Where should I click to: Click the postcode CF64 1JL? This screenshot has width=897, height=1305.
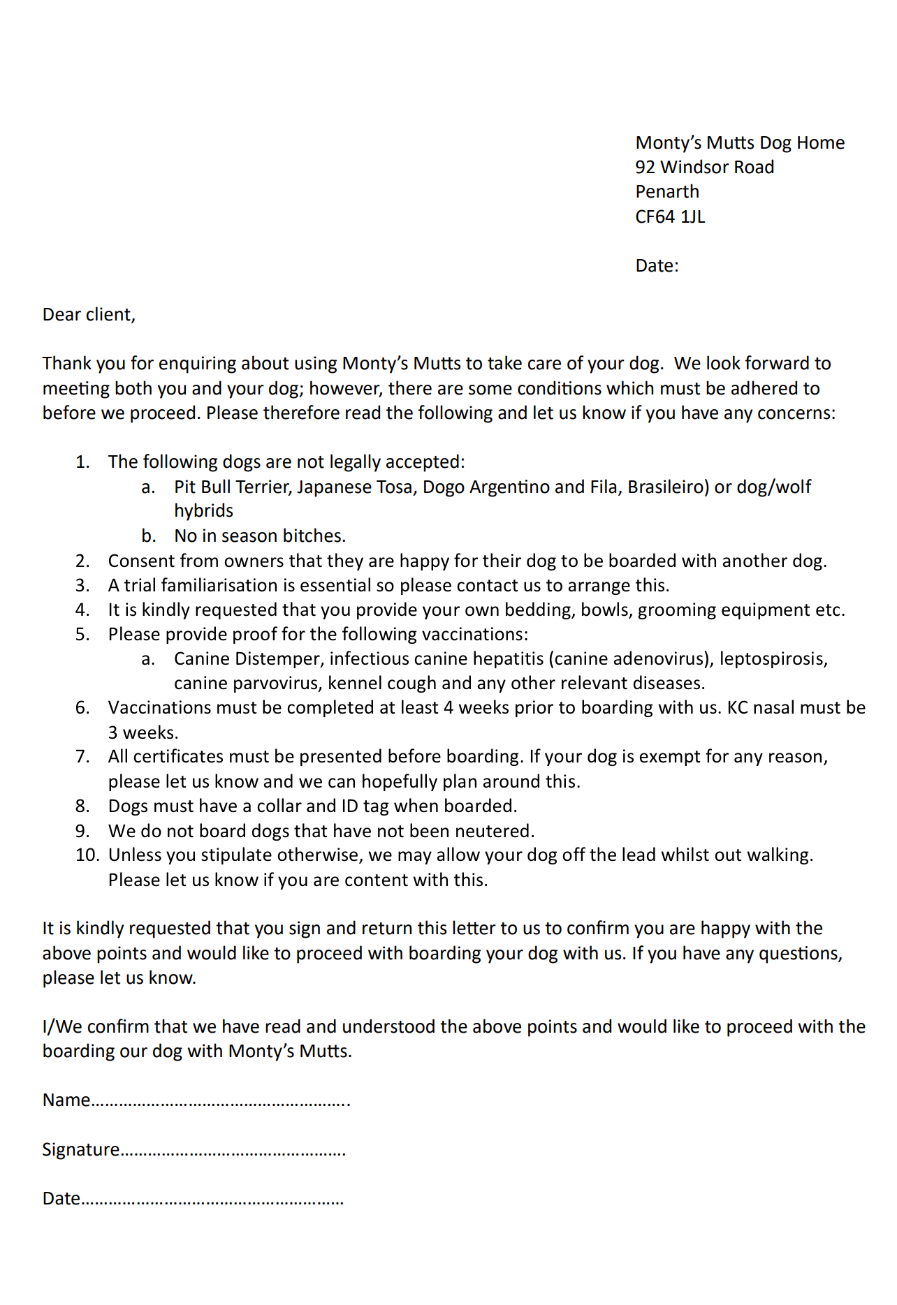[670, 216]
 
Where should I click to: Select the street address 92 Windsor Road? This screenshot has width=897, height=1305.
[704, 168]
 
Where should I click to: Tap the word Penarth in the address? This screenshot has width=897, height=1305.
[666, 192]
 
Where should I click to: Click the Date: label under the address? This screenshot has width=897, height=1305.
[657, 266]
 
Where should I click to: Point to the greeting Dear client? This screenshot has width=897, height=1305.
[89, 315]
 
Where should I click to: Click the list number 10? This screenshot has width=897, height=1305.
[87, 855]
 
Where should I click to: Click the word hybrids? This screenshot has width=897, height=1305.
[203, 511]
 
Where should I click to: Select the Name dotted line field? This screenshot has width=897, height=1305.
[220, 1101]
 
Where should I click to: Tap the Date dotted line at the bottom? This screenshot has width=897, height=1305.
[212, 1200]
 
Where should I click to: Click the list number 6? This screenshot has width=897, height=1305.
[82, 708]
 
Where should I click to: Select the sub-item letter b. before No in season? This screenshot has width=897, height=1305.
[148, 536]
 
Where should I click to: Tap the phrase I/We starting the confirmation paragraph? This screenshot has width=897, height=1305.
[62, 1027]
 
